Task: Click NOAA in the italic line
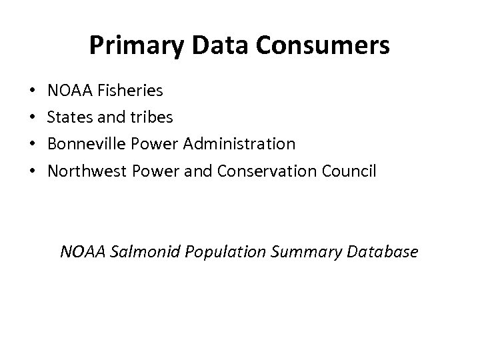coord(80,252)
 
